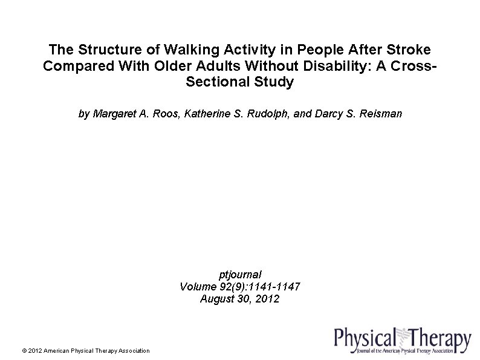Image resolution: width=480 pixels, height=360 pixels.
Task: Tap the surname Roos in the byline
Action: tap(166, 114)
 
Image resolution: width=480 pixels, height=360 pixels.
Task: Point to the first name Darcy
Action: tap(328, 114)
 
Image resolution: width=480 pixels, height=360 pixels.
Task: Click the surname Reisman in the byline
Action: tap(380, 114)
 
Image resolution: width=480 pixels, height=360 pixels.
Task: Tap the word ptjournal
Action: tap(240, 274)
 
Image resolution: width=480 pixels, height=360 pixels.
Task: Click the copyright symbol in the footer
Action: tap(24, 350)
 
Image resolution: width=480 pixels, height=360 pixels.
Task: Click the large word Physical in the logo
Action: tap(365, 338)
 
